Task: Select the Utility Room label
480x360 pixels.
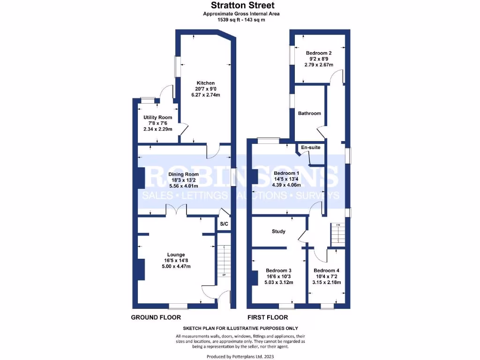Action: pyautogui.click(x=157, y=118)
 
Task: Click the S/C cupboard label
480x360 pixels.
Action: pyautogui.click(x=224, y=225)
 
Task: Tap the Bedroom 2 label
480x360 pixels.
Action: pyautogui.click(x=319, y=53)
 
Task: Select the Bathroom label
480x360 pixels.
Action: pyautogui.click(x=309, y=113)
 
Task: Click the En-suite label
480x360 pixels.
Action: pyautogui.click(x=310, y=147)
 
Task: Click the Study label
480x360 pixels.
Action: pyautogui.click(x=279, y=232)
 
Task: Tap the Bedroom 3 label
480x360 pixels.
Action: pyautogui.click(x=279, y=270)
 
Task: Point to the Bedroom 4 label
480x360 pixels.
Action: pyautogui.click(x=327, y=270)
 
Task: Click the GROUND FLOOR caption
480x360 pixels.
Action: pyautogui.click(x=153, y=317)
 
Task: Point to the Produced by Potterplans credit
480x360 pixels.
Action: pyautogui.click(x=240, y=357)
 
